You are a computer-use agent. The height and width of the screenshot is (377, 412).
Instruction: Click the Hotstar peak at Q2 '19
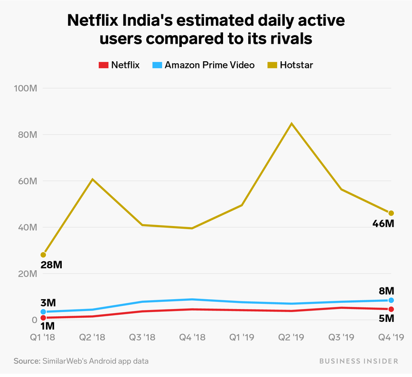(x=291, y=124)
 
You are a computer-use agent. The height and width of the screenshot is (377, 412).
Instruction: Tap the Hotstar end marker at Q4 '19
(x=391, y=213)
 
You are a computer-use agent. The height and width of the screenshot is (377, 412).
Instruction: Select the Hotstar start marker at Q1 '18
(x=43, y=254)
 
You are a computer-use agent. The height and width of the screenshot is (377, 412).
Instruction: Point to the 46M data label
(x=383, y=224)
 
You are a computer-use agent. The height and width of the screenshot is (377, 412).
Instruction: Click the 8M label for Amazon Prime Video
(x=386, y=290)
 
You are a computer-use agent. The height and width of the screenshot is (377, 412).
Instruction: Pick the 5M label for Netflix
(x=386, y=319)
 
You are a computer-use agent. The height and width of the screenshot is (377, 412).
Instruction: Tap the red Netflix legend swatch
(x=102, y=65)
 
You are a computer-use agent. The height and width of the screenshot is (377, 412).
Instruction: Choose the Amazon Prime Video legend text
(x=210, y=65)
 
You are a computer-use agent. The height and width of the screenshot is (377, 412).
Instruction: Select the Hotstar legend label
(x=296, y=65)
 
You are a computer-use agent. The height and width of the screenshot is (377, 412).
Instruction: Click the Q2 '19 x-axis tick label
(x=291, y=337)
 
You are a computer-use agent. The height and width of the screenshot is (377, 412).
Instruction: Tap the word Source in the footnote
(x=25, y=361)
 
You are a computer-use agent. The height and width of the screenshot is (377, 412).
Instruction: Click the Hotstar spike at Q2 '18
(x=92, y=179)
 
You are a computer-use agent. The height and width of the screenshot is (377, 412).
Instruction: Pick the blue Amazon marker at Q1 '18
(x=43, y=312)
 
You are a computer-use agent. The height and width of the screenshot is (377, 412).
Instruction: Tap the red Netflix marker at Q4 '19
(x=391, y=309)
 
